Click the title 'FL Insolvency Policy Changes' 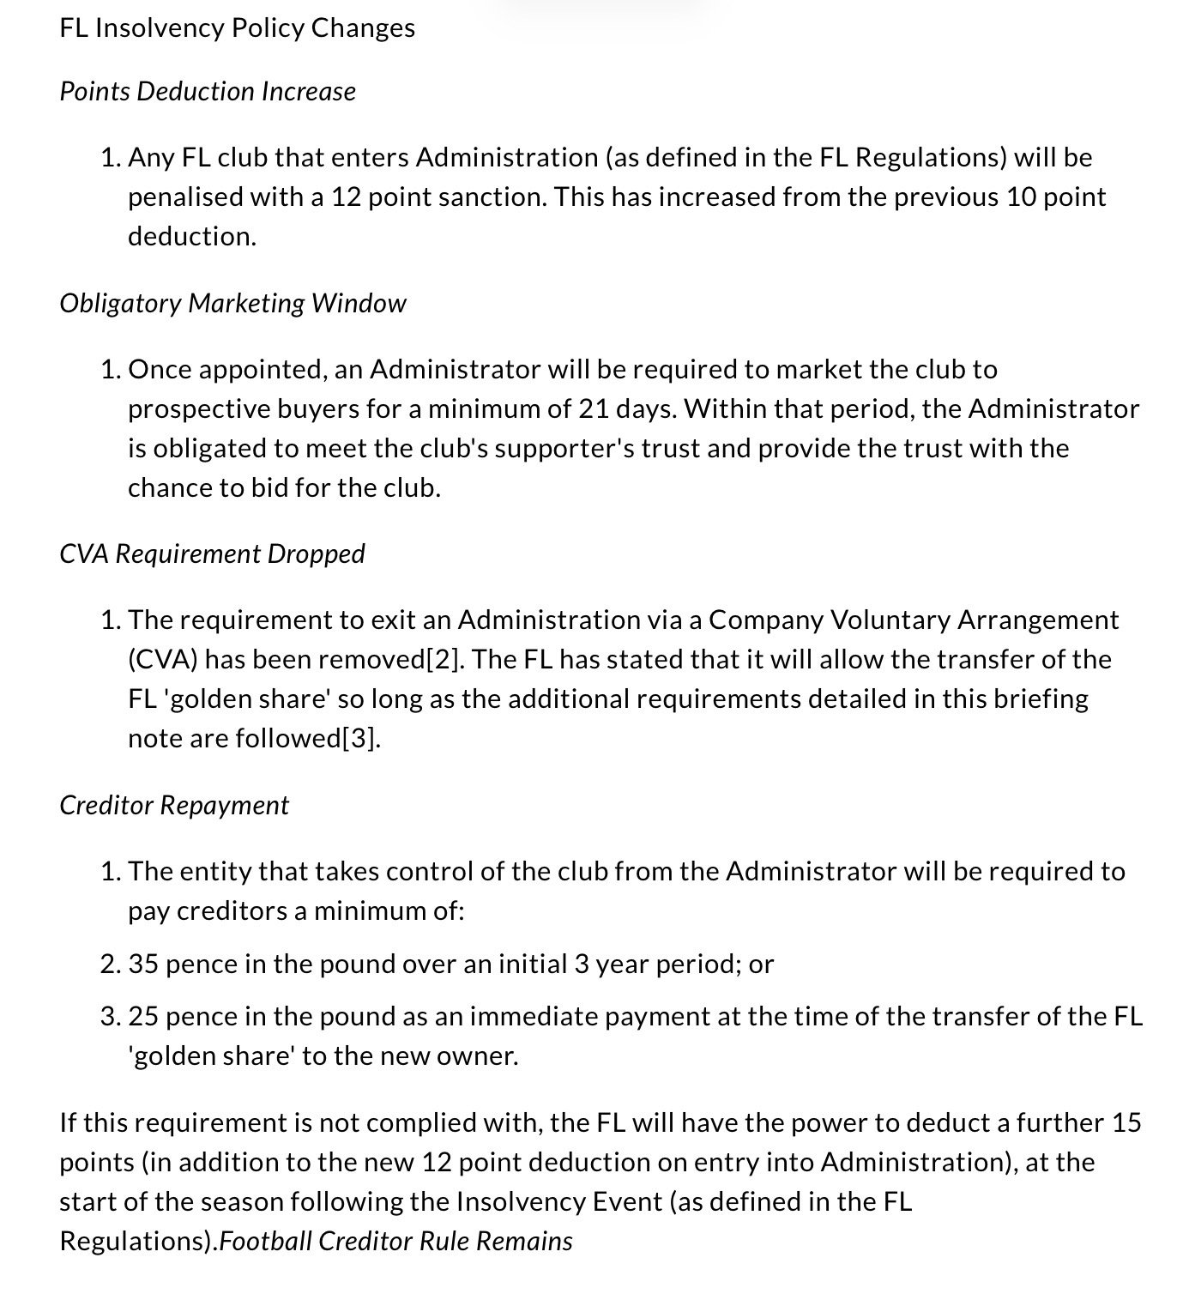click(237, 28)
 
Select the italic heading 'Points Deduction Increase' click(207, 92)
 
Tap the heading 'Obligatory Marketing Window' click(232, 304)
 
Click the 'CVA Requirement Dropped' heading click(212, 554)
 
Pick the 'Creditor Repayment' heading click(174, 806)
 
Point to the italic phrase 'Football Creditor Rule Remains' click(396, 1242)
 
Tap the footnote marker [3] click(360, 739)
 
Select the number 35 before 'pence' click(143, 964)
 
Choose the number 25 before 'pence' click(143, 1017)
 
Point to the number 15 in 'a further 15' click(1126, 1123)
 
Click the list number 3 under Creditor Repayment click(110, 1017)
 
